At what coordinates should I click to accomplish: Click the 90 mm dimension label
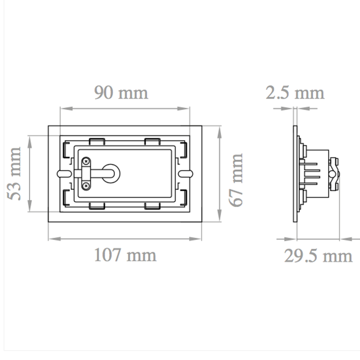121,93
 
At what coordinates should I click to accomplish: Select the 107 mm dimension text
125,255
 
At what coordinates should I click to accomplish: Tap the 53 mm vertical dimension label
15,173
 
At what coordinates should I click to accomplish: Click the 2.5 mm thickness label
295,93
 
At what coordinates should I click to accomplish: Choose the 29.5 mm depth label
318,256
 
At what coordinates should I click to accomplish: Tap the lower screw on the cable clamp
85,184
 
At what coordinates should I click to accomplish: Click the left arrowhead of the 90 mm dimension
63,108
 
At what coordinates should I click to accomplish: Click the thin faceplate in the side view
295,173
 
